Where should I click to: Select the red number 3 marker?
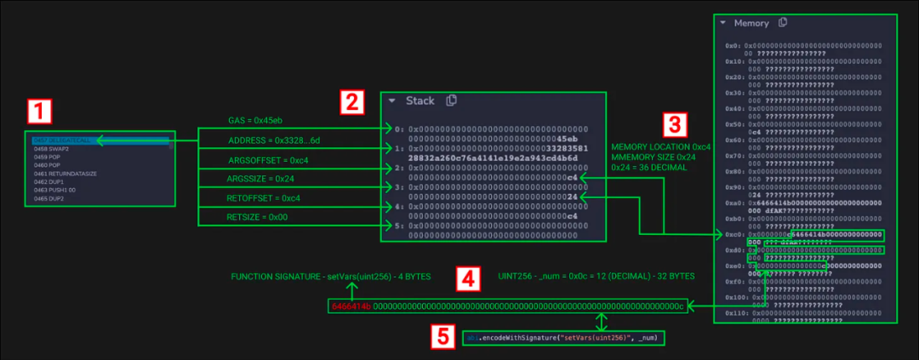(674, 125)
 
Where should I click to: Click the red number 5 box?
(442, 337)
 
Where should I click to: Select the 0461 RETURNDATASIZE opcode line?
(62, 174)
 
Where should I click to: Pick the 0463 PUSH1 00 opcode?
(54, 190)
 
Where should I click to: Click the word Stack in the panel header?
(420, 101)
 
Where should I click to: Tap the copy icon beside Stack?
(451, 100)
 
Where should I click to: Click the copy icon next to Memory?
(782, 23)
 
